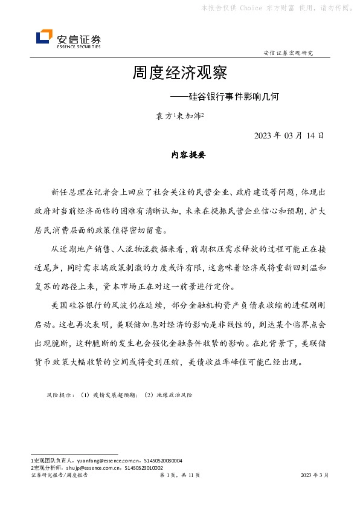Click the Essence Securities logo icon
coord(44,37)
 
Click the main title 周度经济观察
coord(179,74)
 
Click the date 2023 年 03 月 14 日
coord(289,135)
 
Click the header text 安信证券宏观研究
coord(289,53)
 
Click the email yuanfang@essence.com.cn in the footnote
coord(100,461)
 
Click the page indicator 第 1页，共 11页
coord(179,476)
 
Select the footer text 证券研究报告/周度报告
coord(59,476)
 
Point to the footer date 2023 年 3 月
coord(315,476)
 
